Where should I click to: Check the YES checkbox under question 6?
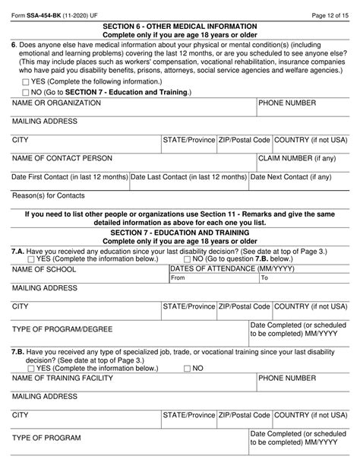27,82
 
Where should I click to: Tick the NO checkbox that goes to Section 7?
27,92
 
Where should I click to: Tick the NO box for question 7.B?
187,368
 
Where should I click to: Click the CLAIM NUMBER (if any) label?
297,158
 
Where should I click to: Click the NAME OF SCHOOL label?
45,269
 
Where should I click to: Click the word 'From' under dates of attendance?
178,278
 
